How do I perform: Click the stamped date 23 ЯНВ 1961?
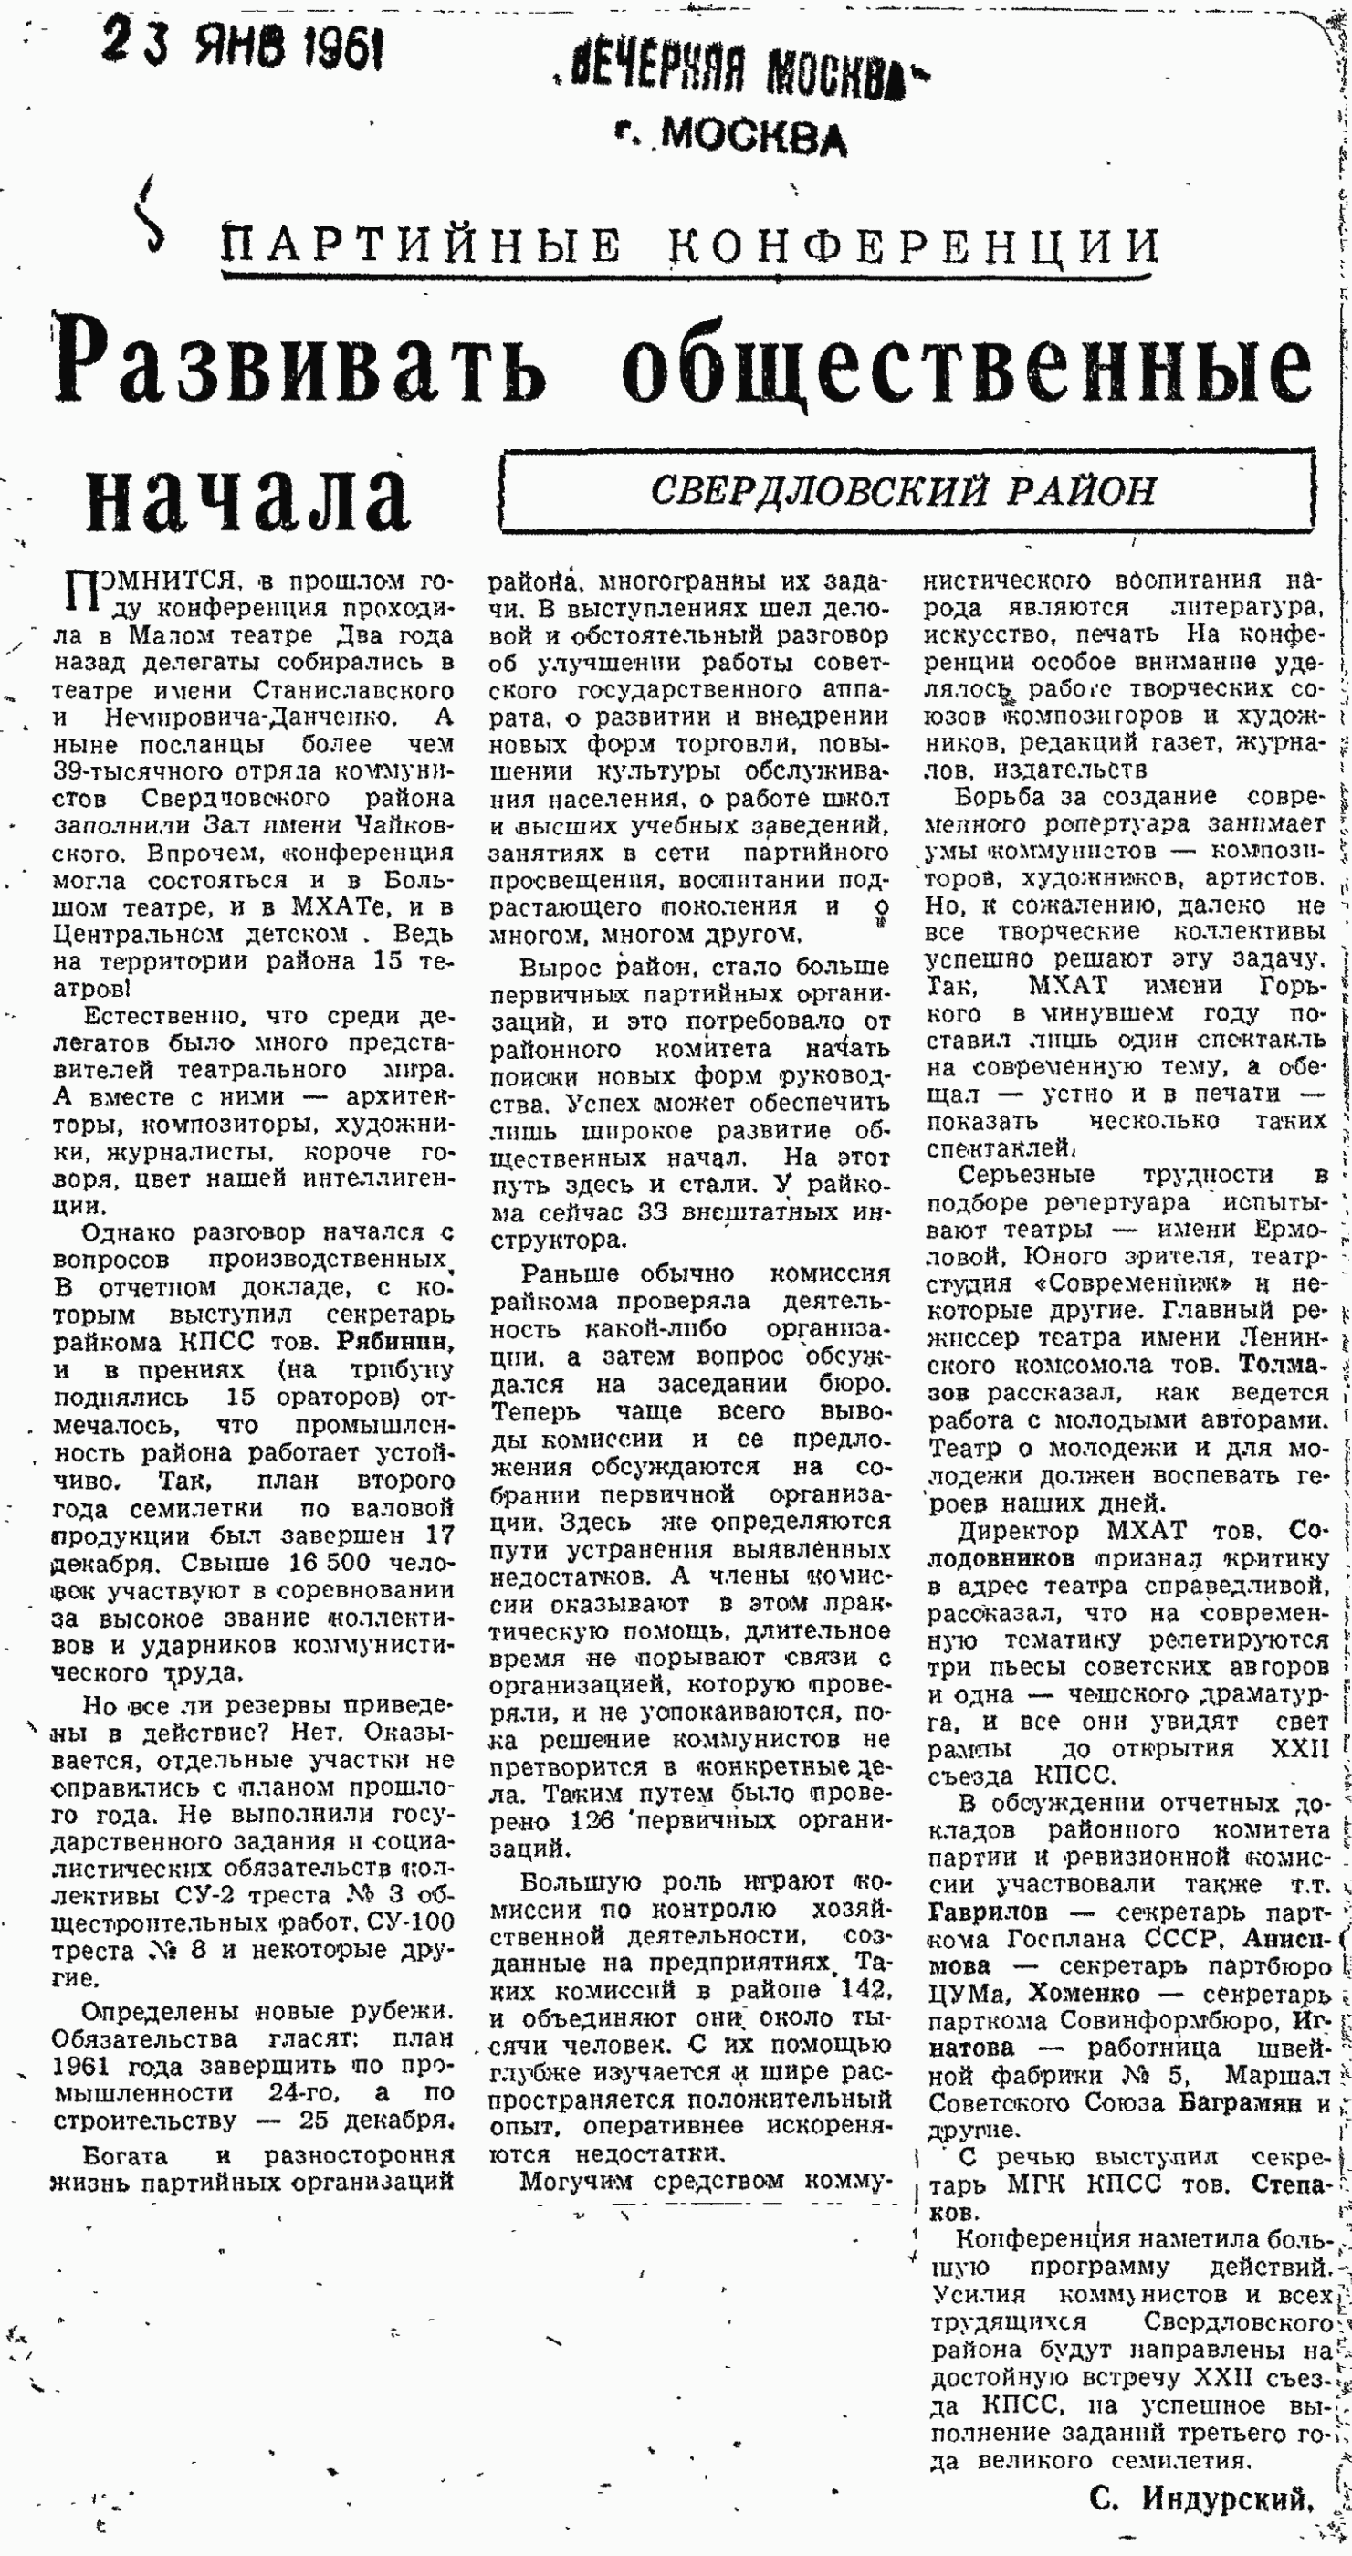[243, 47]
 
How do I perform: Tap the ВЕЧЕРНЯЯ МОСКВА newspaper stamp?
[741, 72]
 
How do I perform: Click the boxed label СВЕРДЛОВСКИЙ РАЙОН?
[904, 490]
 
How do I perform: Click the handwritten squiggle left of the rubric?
[149, 215]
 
